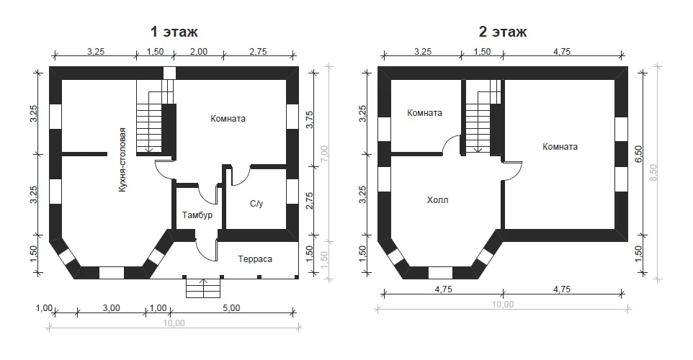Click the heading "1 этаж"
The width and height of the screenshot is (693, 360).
[x=174, y=32]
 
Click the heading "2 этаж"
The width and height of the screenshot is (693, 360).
[x=503, y=32]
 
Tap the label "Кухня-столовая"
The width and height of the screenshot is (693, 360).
[x=122, y=160]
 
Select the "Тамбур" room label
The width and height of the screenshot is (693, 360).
[x=197, y=215]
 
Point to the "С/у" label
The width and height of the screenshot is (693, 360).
[x=256, y=204]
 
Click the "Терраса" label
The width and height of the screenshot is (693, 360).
[x=255, y=259]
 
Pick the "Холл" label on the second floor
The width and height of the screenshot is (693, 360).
[x=437, y=200]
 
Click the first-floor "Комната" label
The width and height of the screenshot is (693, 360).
[x=228, y=119]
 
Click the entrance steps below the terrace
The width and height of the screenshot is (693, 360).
[x=203, y=287]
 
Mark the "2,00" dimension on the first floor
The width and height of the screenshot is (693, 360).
[x=199, y=52]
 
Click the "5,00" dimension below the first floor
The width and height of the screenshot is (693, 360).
[x=231, y=308]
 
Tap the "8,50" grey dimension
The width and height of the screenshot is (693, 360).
[x=653, y=173]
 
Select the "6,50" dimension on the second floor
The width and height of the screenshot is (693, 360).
[x=638, y=154]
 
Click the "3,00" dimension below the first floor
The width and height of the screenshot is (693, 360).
[x=112, y=308]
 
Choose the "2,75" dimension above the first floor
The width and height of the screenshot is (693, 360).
[x=258, y=52]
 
